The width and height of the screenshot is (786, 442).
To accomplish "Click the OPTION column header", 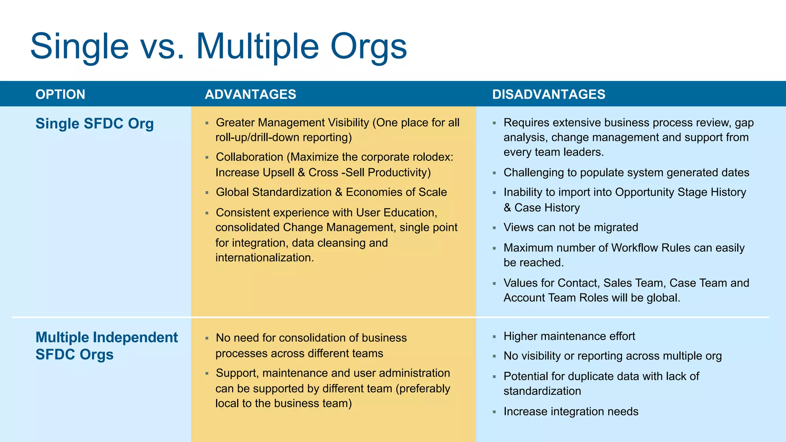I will (60, 94).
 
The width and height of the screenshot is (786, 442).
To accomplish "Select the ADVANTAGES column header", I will (250, 94).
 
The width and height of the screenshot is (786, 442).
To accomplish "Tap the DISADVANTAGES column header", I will (548, 94).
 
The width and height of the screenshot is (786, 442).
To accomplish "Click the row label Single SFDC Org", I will (94, 124).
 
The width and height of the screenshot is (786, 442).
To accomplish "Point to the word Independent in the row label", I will (135, 337).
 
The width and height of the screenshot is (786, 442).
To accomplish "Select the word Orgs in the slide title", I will (368, 47).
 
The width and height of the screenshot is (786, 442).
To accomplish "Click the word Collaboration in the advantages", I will (249, 157).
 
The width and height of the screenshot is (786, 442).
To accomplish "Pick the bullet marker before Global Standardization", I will (207, 193).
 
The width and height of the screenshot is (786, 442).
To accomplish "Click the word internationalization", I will (264, 257).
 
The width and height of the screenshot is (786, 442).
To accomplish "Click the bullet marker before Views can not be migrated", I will (494, 228).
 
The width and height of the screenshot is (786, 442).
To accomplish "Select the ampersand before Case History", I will (507, 208).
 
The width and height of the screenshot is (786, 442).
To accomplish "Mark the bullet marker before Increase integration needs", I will (494, 412).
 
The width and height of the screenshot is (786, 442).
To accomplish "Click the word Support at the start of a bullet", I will (237, 373).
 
